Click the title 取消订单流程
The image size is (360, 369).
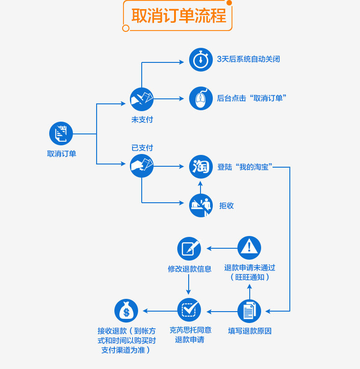click(x=179, y=16)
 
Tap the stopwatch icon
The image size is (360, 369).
click(x=201, y=60)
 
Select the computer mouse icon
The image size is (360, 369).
click(x=201, y=98)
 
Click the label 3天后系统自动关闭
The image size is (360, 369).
click(x=248, y=59)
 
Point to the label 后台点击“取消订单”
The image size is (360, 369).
click(x=252, y=98)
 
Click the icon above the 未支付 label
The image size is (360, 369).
click(x=142, y=99)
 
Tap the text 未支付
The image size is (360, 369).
click(x=142, y=120)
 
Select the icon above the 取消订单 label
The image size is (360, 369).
click(x=61, y=133)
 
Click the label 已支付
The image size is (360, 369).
click(x=142, y=148)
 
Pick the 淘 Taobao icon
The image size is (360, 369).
click(x=201, y=167)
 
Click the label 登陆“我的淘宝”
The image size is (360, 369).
click(x=245, y=167)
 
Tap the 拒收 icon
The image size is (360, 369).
click(x=201, y=205)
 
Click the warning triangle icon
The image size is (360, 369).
click(x=249, y=248)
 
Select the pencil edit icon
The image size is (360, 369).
click(x=189, y=248)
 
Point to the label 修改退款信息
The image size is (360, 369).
click(x=189, y=269)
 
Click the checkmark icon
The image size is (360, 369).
click(x=189, y=310)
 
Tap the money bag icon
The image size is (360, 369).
click(x=126, y=311)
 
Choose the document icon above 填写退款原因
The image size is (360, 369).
click(x=249, y=311)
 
